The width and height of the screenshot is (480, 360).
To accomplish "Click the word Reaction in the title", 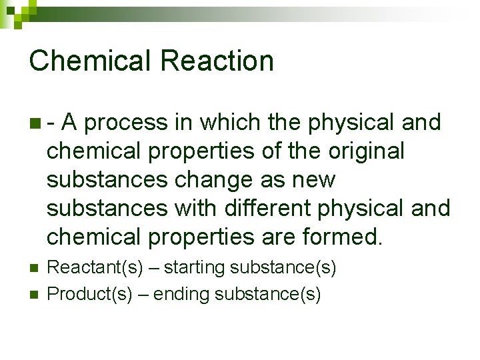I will click(x=217, y=61).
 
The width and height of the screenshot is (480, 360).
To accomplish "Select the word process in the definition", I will click(x=126, y=123).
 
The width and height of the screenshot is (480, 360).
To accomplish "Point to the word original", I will click(x=366, y=151).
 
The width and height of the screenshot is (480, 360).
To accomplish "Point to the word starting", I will click(x=194, y=268).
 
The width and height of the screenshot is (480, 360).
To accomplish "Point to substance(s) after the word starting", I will click(x=283, y=268).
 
